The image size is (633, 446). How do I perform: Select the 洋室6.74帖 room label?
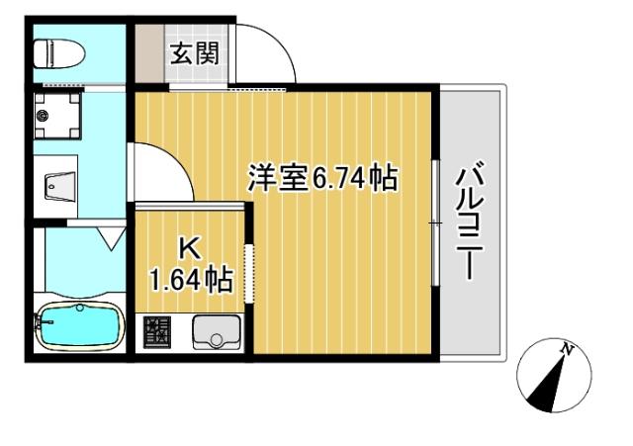pyautogui.click(x=321, y=179)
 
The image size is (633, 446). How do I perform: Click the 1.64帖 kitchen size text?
pyautogui.click(x=191, y=280)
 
